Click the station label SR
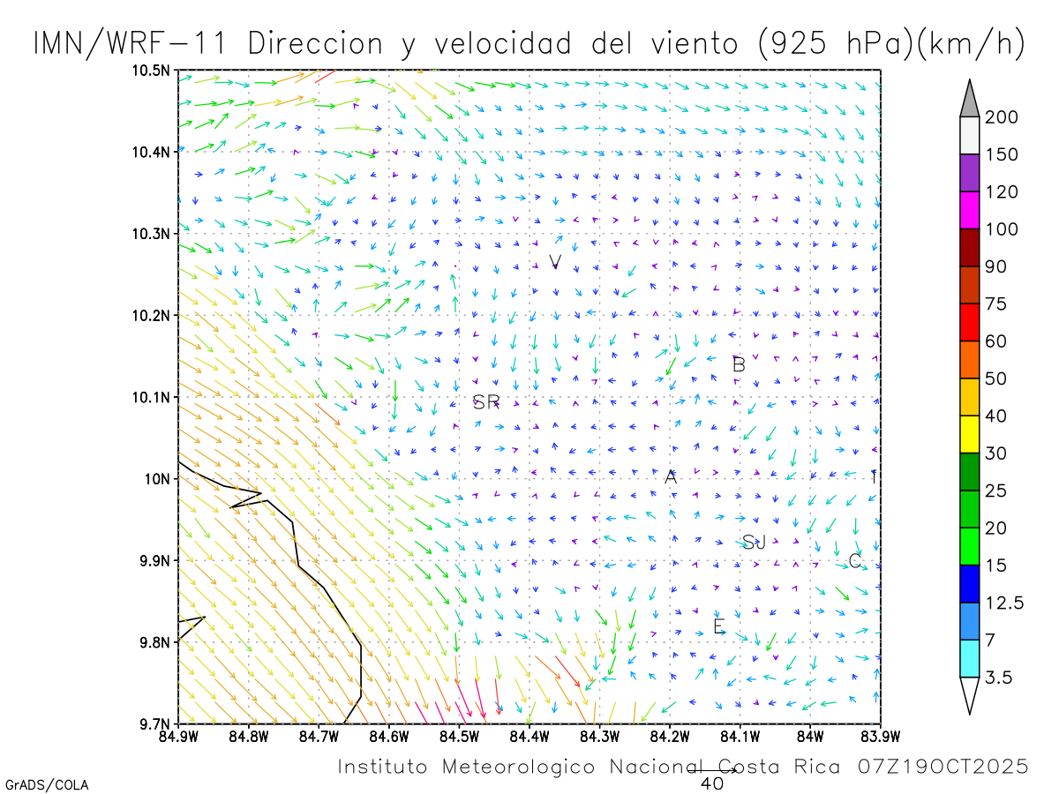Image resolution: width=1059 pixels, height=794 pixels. (x=486, y=403)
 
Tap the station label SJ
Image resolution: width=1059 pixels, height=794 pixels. (x=754, y=543)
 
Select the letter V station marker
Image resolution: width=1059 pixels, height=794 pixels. (x=555, y=262)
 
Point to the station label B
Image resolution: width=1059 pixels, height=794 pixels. (x=740, y=364)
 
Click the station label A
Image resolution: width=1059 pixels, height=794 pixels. (x=671, y=477)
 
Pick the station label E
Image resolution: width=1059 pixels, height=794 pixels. (x=719, y=627)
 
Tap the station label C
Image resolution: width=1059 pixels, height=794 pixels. (x=854, y=561)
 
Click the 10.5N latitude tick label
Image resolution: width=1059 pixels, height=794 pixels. (x=152, y=70)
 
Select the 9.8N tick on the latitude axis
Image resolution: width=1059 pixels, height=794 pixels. (x=155, y=642)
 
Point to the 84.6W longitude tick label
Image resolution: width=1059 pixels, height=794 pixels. (x=388, y=735)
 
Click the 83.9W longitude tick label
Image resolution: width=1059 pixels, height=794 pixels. (x=880, y=735)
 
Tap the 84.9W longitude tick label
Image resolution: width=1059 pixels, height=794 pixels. (x=178, y=735)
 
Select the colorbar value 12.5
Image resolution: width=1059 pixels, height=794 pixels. (x=1005, y=603)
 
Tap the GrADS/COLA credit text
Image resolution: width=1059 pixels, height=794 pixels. (x=47, y=784)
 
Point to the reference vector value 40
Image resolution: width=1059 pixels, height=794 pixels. (x=711, y=783)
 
